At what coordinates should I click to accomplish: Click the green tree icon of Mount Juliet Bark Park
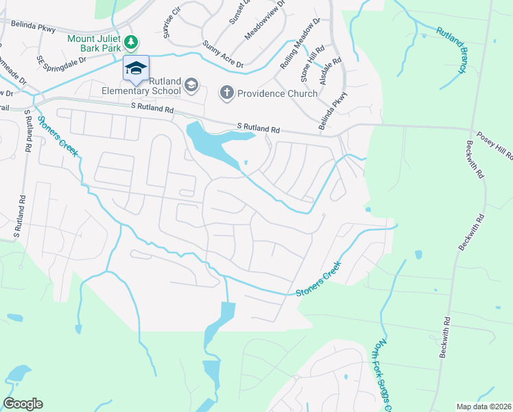click(x=130, y=43)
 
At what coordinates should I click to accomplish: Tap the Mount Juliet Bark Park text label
click(x=95, y=39)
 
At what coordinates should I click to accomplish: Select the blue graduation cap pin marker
click(x=136, y=68)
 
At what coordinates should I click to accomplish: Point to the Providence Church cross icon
click(x=227, y=93)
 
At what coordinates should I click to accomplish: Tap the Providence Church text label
click(x=278, y=93)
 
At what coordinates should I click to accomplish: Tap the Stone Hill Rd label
click(x=317, y=61)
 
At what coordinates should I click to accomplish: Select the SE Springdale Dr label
click(x=62, y=60)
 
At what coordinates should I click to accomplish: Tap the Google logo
click(x=23, y=404)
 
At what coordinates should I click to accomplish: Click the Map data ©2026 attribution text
click(x=484, y=407)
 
